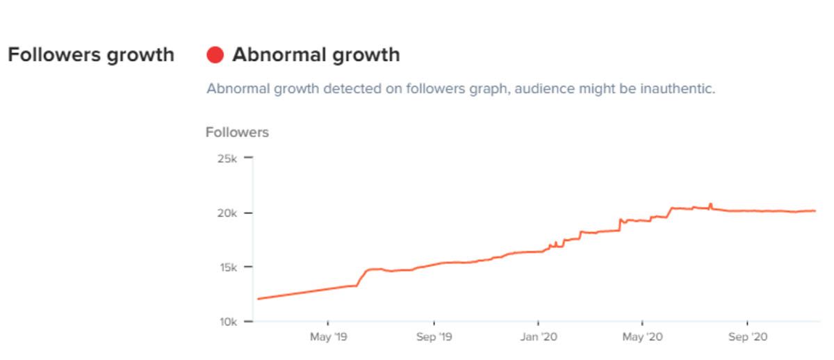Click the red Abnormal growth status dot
(x=215, y=55)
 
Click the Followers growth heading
(x=90, y=55)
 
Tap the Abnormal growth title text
(x=316, y=55)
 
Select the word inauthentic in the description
(x=675, y=89)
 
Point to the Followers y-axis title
(x=237, y=132)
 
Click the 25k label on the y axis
(x=227, y=158)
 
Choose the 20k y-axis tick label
(x=227, y=213)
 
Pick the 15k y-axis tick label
(x=227, y=267)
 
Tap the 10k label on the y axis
(x=227, y=322)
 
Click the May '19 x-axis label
(x=328, y=337)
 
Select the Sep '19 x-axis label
(x=434, y=337)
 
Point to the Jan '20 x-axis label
(x=539, y=337)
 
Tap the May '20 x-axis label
(x=642, y=337)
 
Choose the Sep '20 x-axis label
(x=748, y=337)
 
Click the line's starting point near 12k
(x=258, y=299)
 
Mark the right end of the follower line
(x=815, y=211)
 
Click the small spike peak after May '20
(x=710, y=204)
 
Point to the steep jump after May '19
(x=362, y=277)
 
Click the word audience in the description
(x=542, y=89)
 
